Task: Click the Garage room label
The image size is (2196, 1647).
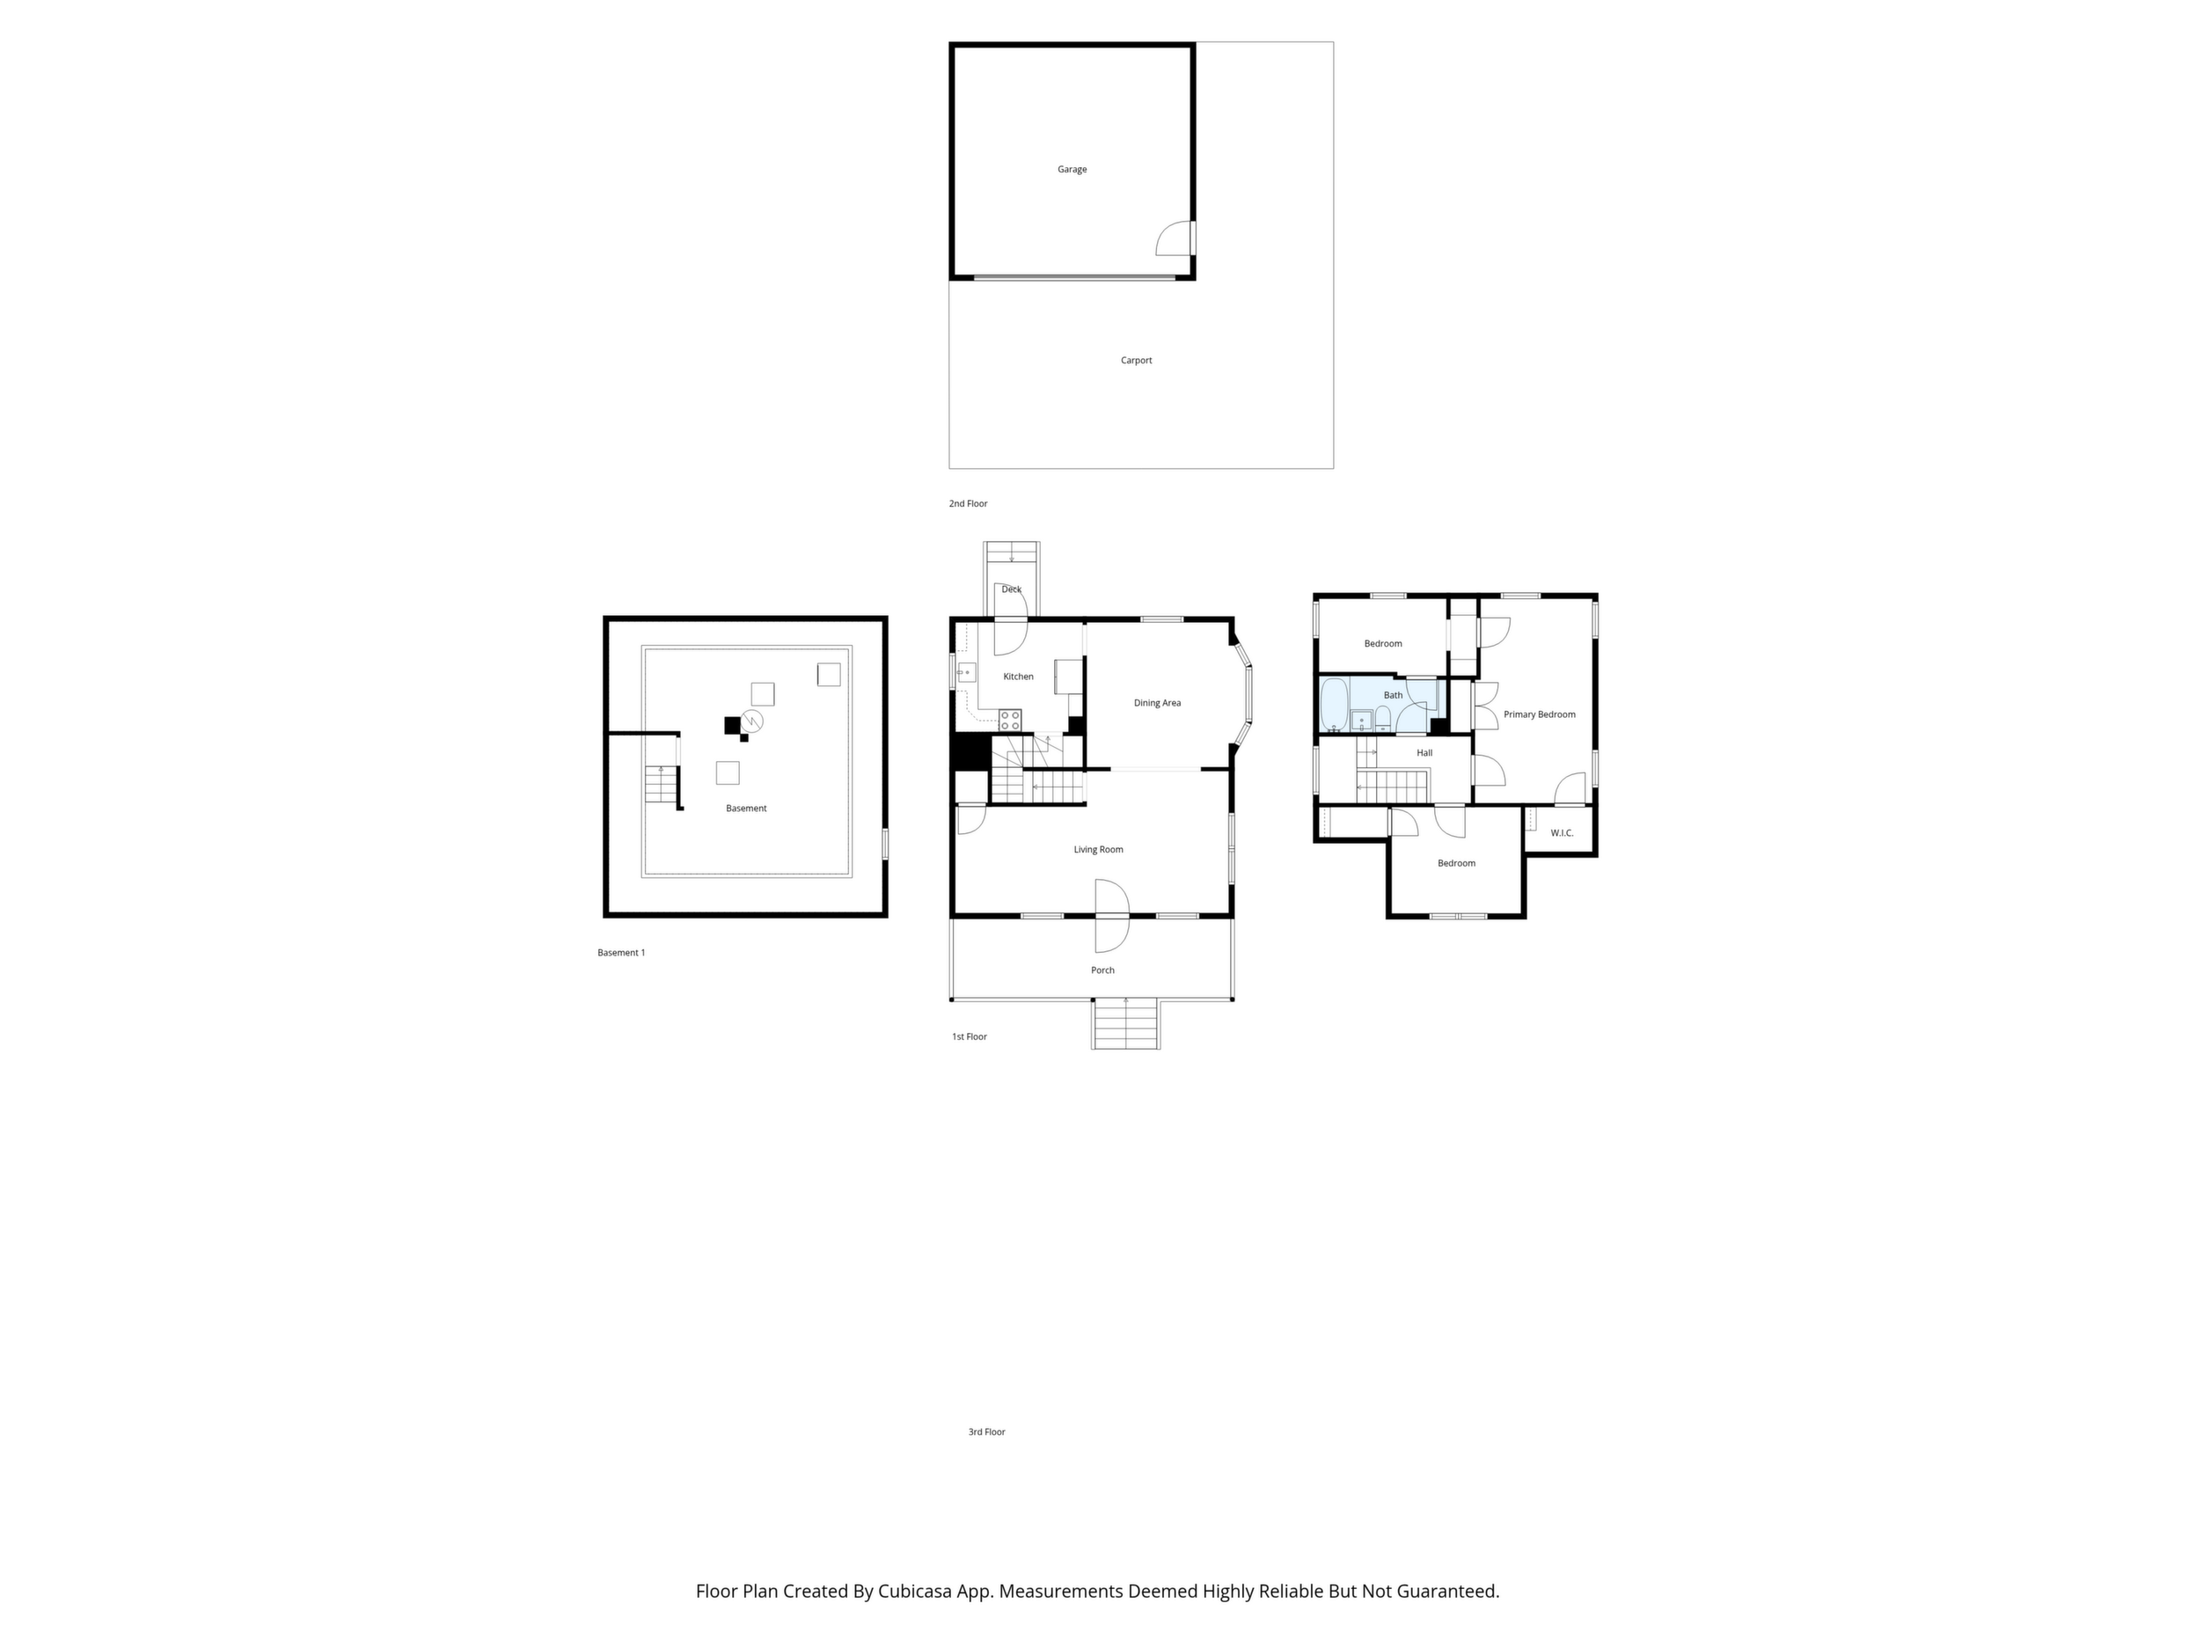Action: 1072,170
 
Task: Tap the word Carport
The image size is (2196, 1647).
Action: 1136,361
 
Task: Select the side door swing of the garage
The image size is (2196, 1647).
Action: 1175,238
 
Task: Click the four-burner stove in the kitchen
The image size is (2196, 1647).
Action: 1010,720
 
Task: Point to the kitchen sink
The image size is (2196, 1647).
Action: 966,672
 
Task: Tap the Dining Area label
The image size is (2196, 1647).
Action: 1158,703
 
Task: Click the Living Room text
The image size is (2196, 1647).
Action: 1098,850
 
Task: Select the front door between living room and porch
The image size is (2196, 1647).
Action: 1112,914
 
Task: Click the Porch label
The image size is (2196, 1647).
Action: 1102,970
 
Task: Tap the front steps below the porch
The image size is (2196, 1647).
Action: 1126,1023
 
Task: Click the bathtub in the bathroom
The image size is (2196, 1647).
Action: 1333,703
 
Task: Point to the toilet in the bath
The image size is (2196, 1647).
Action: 1383,719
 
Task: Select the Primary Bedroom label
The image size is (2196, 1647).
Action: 1539,714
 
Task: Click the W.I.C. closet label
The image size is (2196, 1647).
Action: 1562,833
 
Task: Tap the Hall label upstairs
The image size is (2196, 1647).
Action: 1424,752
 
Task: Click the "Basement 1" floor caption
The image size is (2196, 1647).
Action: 621,953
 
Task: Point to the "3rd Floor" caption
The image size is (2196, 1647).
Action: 987,1431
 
